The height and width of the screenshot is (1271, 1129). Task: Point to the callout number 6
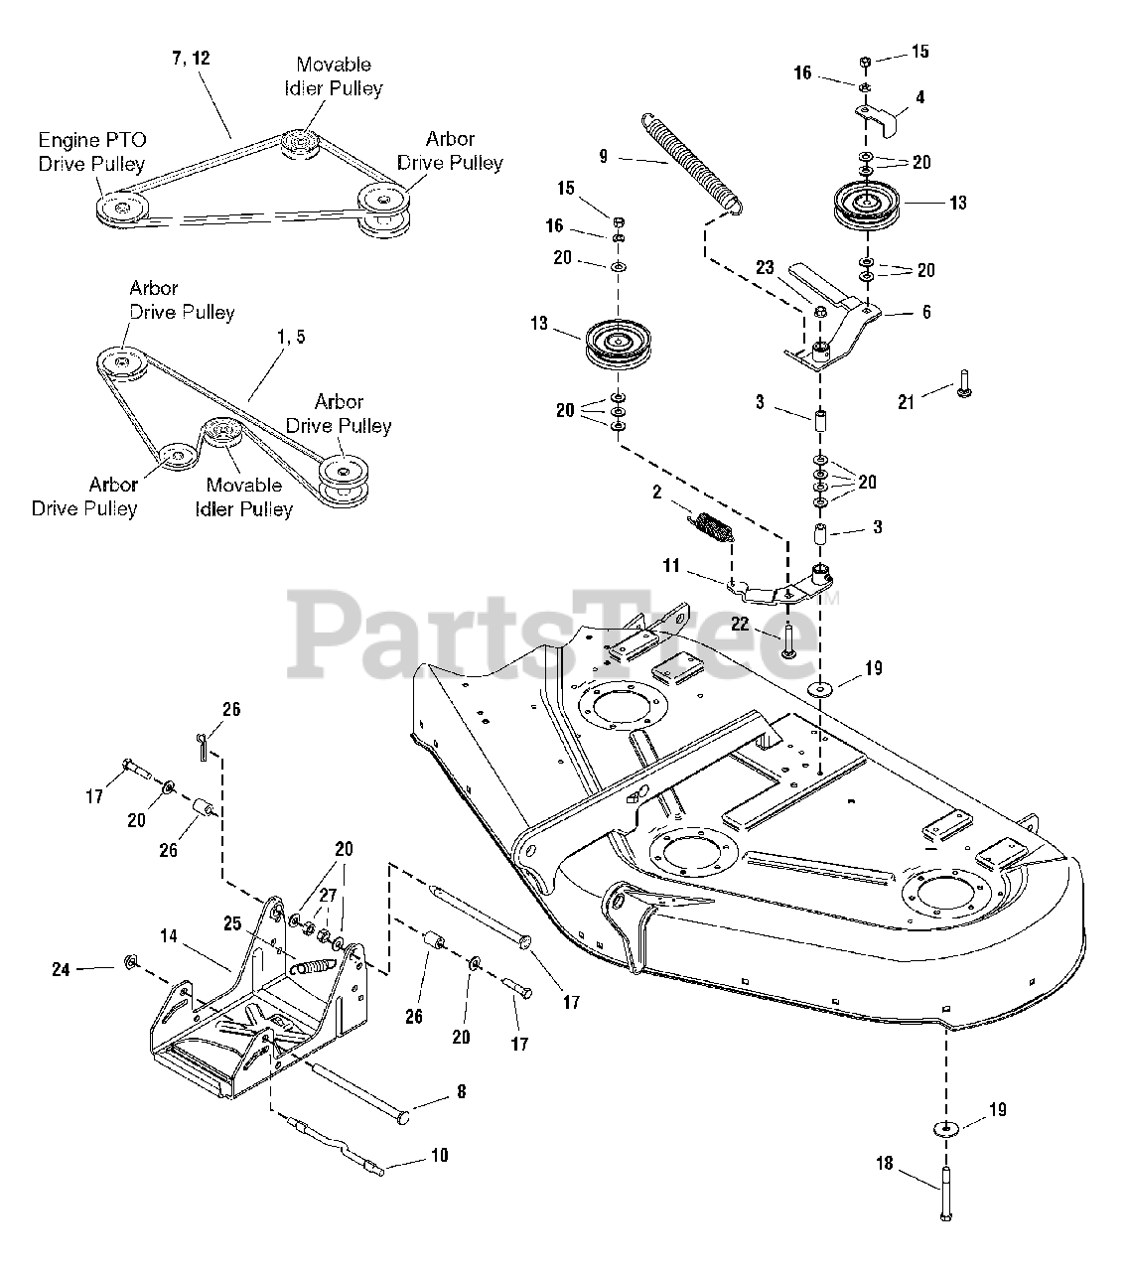[x=926, y=311]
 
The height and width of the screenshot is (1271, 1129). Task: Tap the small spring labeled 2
[x=714, y=526]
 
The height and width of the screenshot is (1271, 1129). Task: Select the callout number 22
[x=739, y=624]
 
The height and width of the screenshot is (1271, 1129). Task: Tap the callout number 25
[x=232, y=923]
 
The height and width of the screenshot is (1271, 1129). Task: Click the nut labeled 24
[x=130, y=963]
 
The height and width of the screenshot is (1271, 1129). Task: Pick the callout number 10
[x=440, y=1155]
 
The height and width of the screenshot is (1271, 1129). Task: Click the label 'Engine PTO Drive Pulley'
[x=92, y=152]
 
